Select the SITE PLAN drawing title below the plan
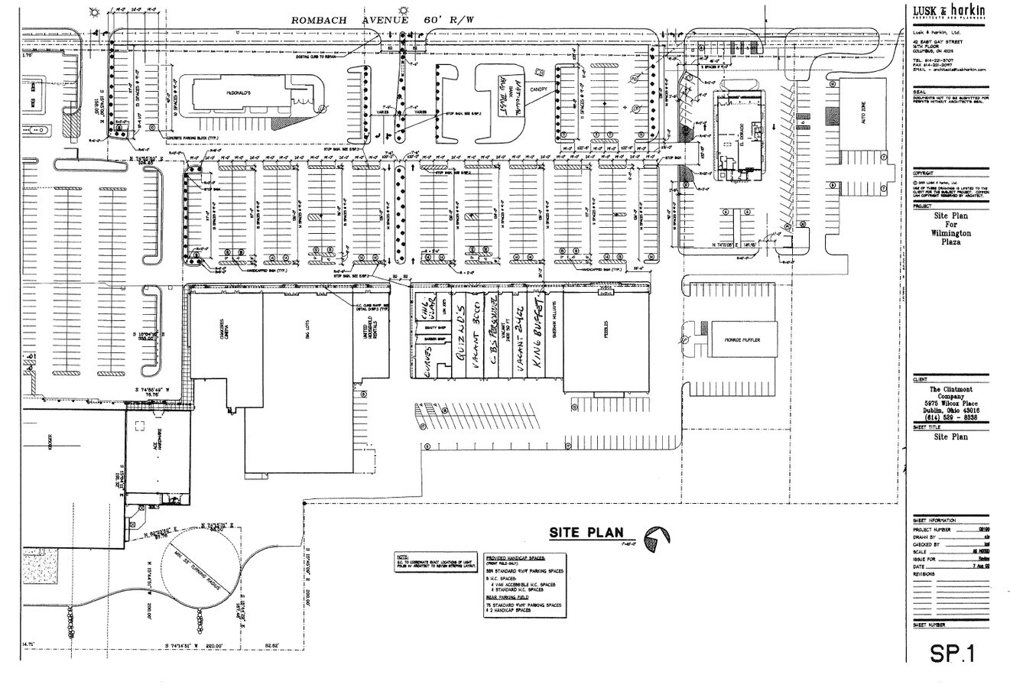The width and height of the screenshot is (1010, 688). [586, 533]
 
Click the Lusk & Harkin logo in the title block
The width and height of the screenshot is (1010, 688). [949, 11]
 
